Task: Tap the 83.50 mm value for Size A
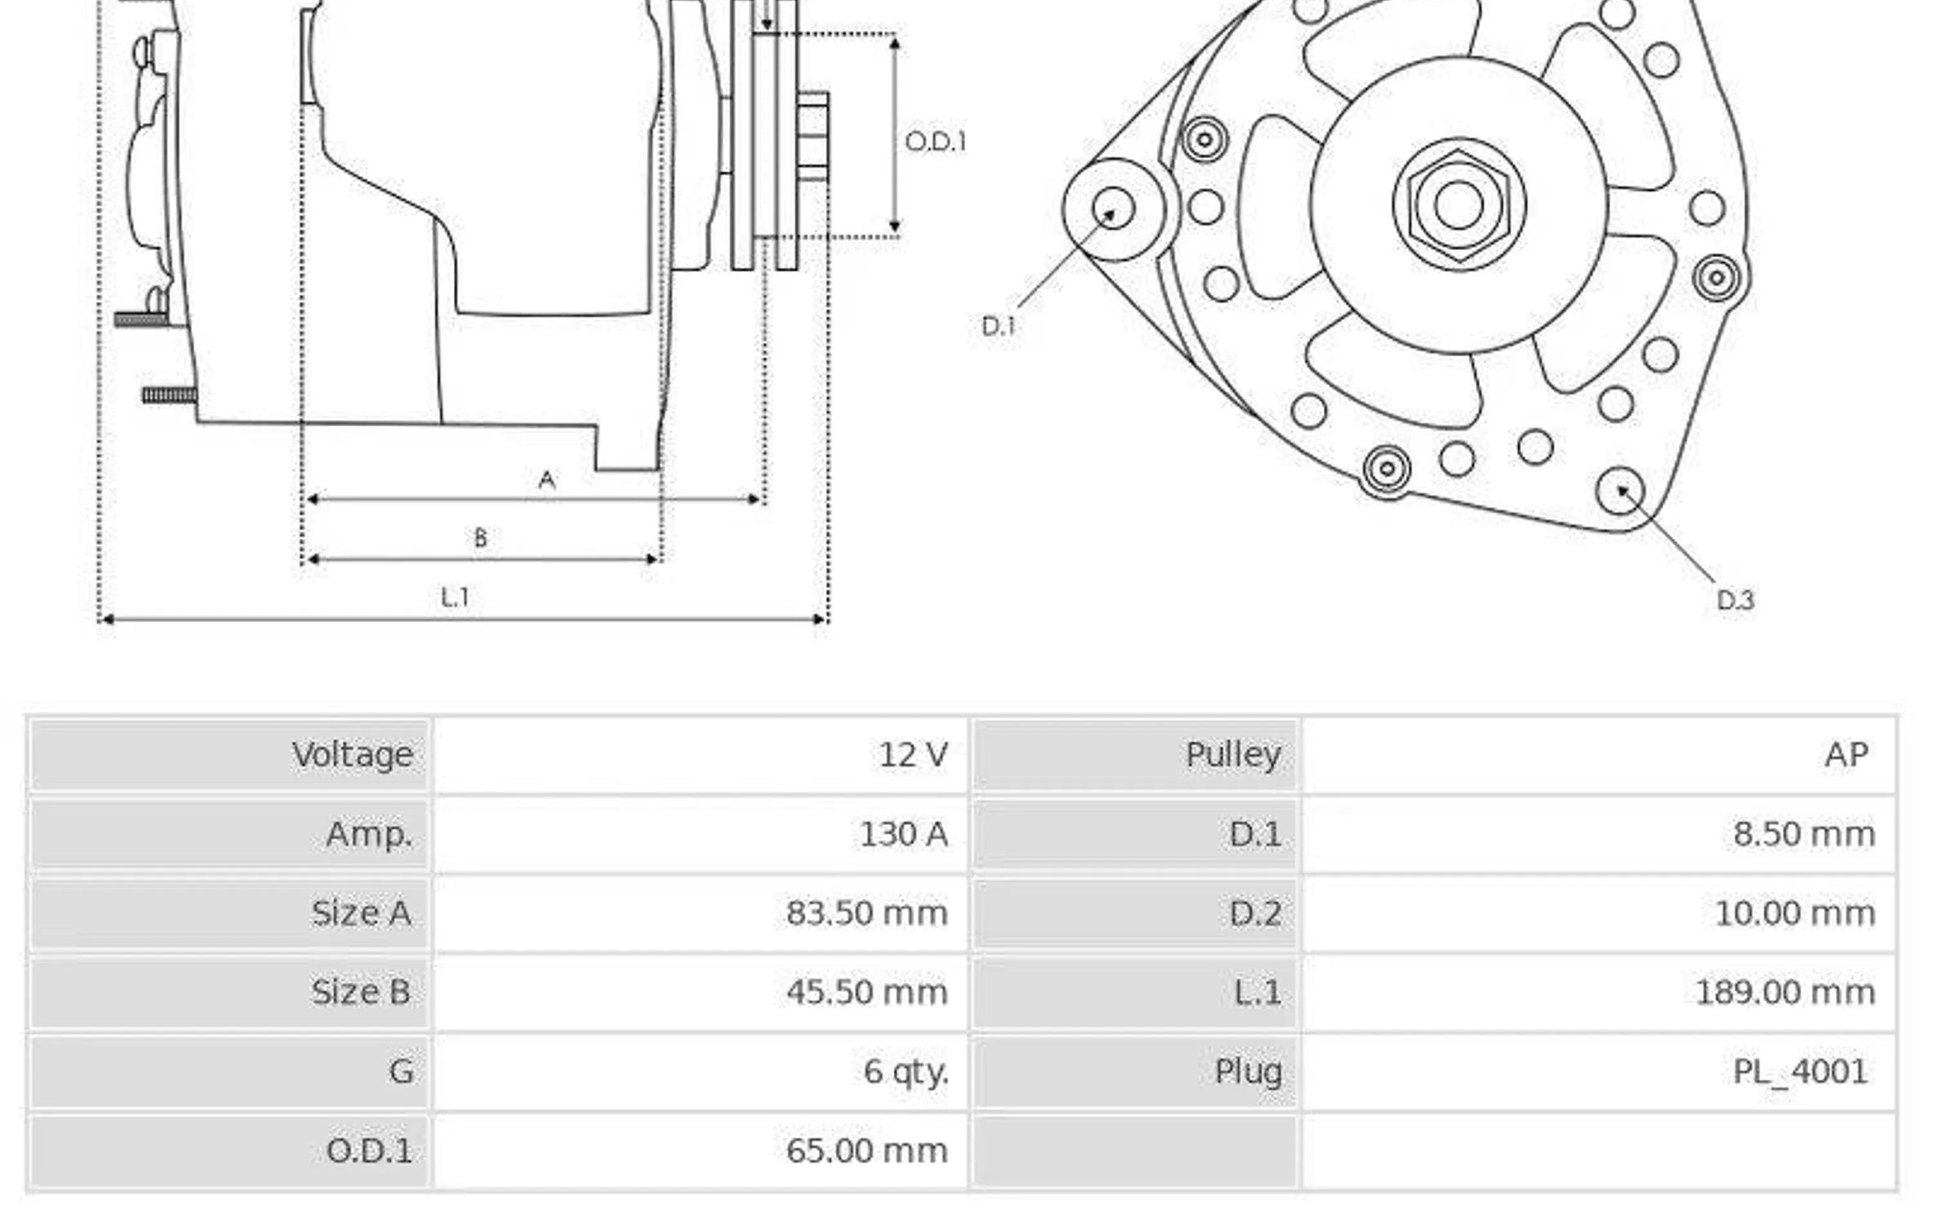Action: click(x=867, y=914)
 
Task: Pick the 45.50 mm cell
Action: click(x=867, y=992)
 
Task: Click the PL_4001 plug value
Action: click(x=1800, y=1072)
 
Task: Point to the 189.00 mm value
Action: click(x=1785, y=992)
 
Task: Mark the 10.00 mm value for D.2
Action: click(x=1795, y=914)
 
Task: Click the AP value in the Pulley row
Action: click(x=1847, y=754)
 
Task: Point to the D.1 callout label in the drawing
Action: click(x=999, y=326)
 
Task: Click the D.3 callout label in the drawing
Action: click(x=1736, y=600)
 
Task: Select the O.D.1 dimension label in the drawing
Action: click(x=936, y=142)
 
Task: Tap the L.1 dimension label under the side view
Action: click(x=456, y=597)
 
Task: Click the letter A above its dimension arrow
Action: click(x=547, y=479)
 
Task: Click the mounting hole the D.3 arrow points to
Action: click(x=1620, y=490)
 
